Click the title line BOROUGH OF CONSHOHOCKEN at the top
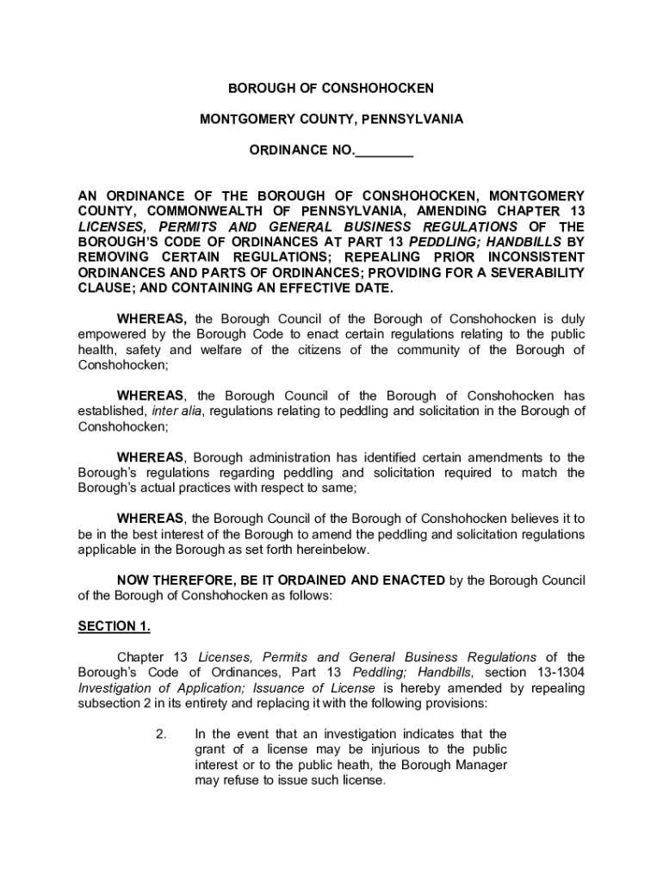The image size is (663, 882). coord(331,89)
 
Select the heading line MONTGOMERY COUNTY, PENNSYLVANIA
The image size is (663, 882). coord(331,120)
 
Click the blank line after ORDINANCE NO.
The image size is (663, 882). coord(384,152)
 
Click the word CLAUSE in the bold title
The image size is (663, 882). coord(104,289)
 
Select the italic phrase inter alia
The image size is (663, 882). coord(177,411)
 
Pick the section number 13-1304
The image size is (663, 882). coord(556,673)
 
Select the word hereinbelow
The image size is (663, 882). coord(333,550)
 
